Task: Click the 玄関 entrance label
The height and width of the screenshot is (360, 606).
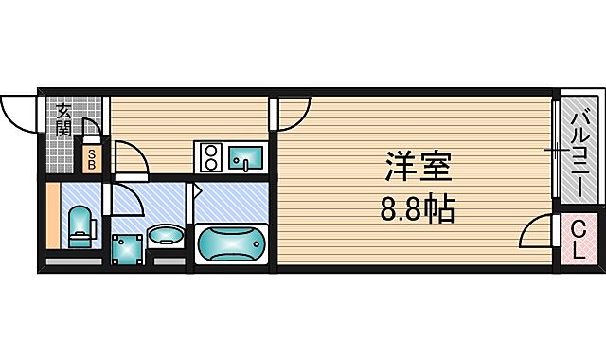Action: click(x=63, y=119)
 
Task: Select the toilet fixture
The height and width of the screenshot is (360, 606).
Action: click(x=81, y=225)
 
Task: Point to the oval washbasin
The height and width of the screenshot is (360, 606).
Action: click(x=168, y=234)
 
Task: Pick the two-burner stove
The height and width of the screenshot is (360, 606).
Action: click(x=209, y=155)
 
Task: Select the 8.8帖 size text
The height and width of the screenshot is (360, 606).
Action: click(x=417, y=207)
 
